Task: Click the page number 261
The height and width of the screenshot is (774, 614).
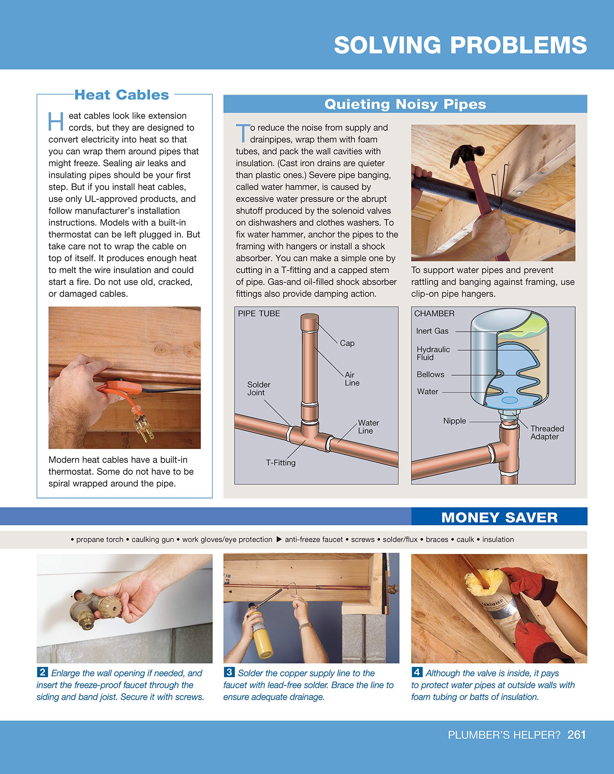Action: coord(576,734)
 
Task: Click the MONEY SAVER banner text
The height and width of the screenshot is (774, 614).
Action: coord(499,517)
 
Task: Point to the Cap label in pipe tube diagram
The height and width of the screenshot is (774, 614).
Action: coord(347,343)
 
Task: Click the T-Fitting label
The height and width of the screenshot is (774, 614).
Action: coord(281,463)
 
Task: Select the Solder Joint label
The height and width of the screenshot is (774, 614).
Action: coord(258,389)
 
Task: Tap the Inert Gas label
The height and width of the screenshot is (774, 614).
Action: coord(432,331)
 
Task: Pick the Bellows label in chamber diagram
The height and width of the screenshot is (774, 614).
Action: coord(430,374)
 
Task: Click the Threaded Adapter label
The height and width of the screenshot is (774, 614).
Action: coord(547,433)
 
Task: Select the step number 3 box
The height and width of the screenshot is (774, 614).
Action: coord(229,672)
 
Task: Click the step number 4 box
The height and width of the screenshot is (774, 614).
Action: coord(417,672)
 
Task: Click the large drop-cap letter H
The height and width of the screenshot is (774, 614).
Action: coord(56,122)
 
